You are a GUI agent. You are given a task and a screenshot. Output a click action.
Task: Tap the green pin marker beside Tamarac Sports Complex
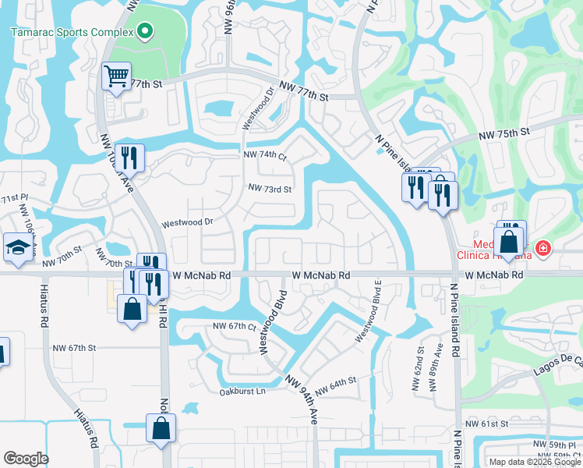point(143,32)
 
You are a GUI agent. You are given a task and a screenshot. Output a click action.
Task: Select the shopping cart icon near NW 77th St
point(116,76)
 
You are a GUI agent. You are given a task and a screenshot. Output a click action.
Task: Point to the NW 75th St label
point(503,131)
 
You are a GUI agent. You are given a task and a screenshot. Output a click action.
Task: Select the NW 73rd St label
point(270,189)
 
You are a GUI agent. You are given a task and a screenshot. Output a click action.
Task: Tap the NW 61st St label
point(487,424)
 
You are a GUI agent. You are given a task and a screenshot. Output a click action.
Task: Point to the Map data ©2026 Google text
point(535,462)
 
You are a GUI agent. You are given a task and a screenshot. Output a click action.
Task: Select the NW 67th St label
point(73,348)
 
